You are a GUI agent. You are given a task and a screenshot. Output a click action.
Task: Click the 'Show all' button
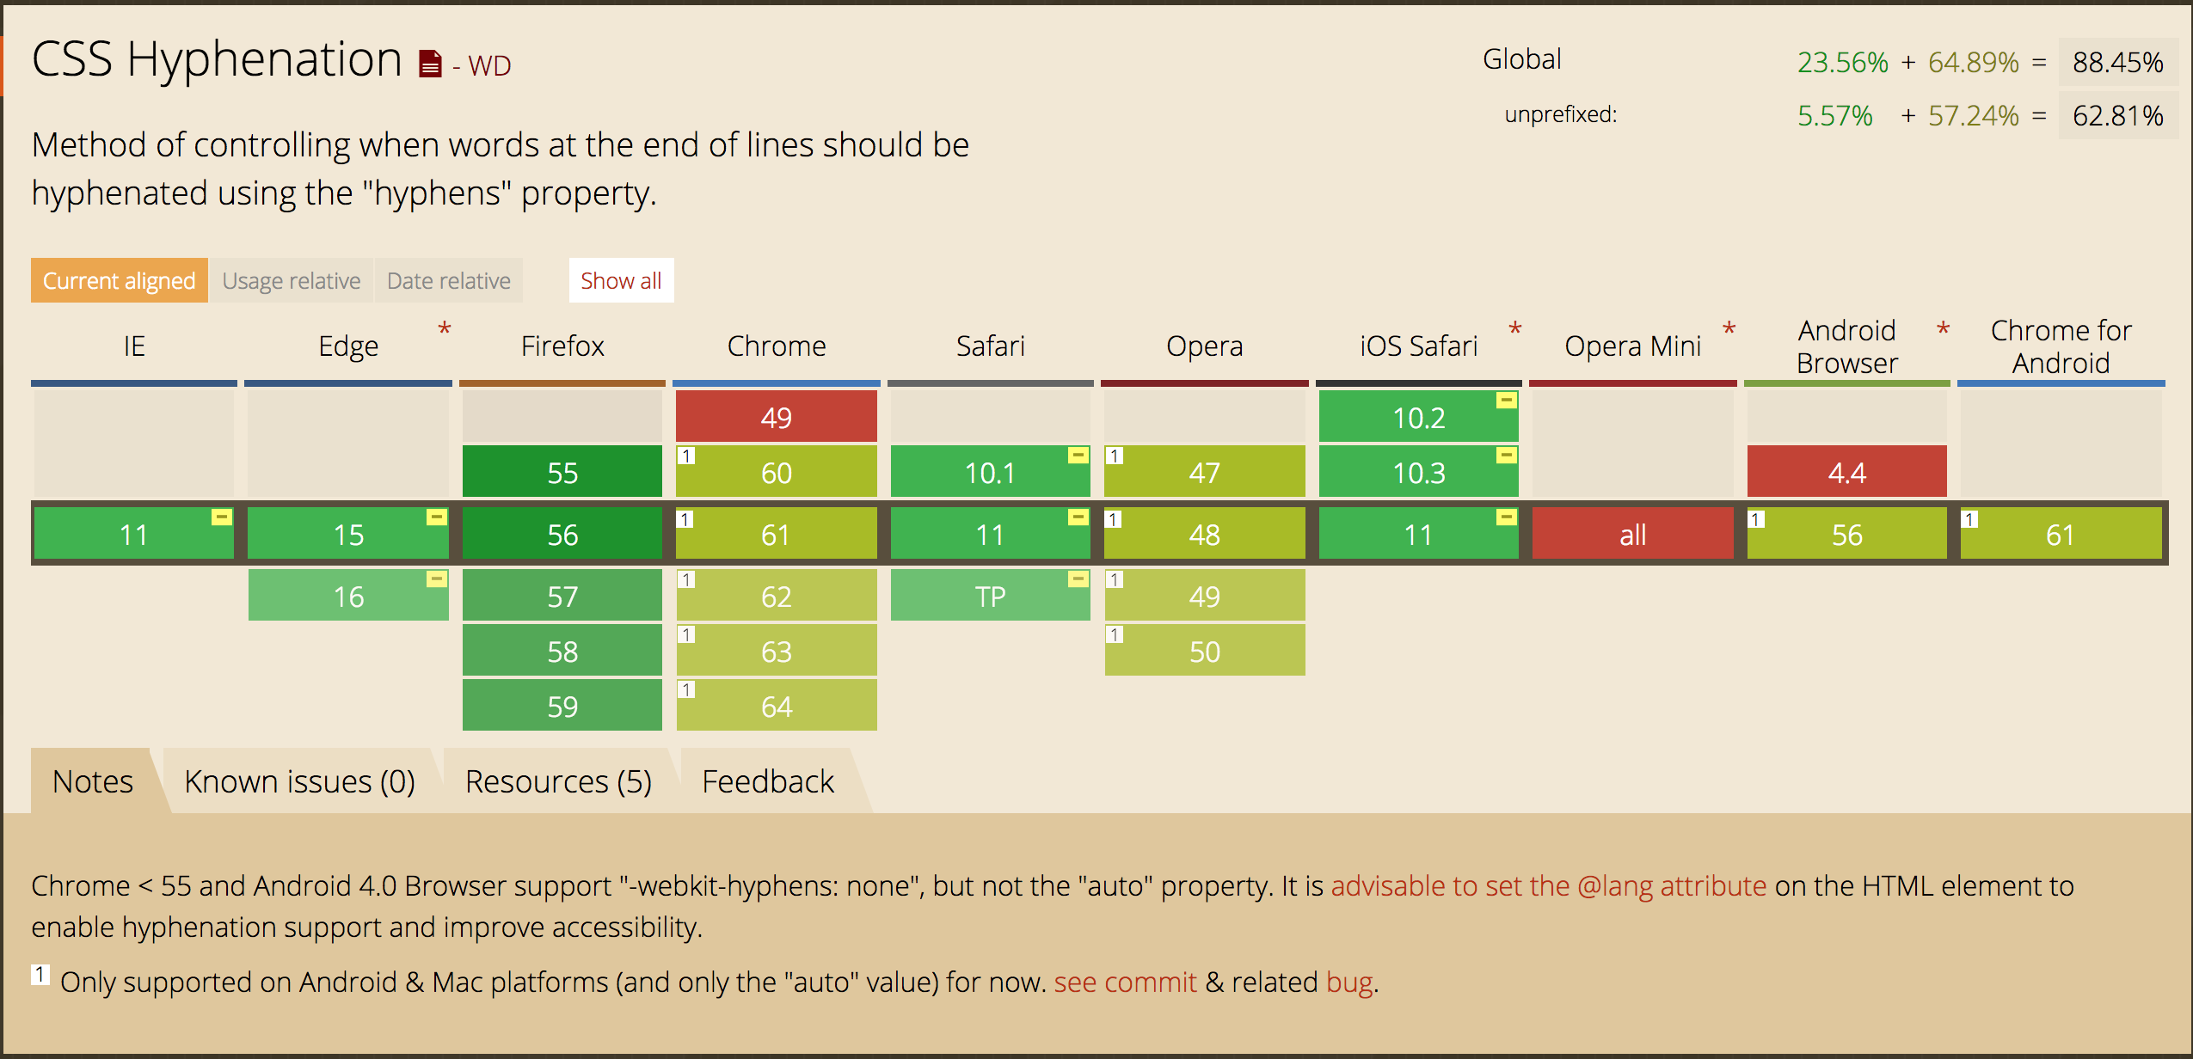[621, 280]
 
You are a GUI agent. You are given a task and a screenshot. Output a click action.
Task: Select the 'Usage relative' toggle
[291, 280]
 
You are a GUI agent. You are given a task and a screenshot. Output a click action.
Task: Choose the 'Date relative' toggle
[448, 280]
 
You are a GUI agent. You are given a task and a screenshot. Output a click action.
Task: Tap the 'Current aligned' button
[119, 280]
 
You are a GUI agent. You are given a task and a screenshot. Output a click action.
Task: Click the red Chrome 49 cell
[776, 417]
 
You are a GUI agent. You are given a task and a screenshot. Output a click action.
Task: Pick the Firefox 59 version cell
[562, 706]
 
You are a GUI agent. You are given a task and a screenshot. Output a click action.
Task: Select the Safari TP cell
[990, 596]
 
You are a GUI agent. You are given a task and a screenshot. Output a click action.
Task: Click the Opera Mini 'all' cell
[1632, 535]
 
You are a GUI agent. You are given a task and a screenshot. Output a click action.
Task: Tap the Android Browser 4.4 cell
[1846, 472]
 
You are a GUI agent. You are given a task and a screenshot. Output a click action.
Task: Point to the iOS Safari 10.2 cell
[1418, 417]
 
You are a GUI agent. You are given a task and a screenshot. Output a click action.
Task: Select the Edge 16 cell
[348, 596]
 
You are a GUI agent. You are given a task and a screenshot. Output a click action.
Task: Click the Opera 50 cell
[1204, 651]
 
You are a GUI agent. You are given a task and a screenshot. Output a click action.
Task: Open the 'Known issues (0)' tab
[299, 781]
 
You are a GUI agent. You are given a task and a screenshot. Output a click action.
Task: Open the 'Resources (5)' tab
[558, 781]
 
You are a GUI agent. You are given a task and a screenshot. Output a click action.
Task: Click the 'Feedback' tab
[767, 781]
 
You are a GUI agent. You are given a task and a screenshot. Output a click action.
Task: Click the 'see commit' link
[1125, 982]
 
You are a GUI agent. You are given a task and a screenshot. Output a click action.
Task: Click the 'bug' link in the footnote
[1348, 982]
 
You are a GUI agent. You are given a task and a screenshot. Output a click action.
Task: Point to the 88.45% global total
[2117, 62]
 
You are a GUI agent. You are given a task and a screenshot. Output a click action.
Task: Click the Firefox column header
[562, 346]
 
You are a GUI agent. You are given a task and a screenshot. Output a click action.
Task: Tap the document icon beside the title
[430, 64]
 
